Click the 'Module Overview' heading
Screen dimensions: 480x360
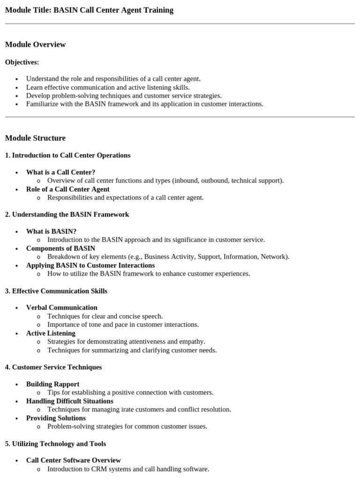point(35,45)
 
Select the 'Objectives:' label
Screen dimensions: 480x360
point(22,62)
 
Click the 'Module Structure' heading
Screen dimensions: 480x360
point(35,138)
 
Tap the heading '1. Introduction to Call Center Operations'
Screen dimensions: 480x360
point(67,155)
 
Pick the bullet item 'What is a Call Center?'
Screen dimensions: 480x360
point(60,172)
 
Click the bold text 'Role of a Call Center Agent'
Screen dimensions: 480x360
point(67,189)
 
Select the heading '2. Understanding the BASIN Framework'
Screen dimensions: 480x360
point(67,214)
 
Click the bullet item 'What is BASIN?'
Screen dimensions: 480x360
point(51,231)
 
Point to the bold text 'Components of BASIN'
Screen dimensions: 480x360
point(60,248)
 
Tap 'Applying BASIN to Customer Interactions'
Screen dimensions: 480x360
point(90,265)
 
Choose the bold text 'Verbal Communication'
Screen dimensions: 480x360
point(61,307)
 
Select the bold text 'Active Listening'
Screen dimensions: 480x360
point(51,333)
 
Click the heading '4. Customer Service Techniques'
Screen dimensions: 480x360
point(53,367)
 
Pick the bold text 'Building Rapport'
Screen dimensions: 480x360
point(52,384)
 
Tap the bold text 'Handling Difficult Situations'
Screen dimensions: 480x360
point(69,401)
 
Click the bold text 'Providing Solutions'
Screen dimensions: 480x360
point(56,418)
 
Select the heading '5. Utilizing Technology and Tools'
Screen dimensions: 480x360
point(55,443)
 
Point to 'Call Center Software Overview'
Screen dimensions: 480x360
point(73,460)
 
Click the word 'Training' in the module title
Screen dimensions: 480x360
point(159,10)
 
